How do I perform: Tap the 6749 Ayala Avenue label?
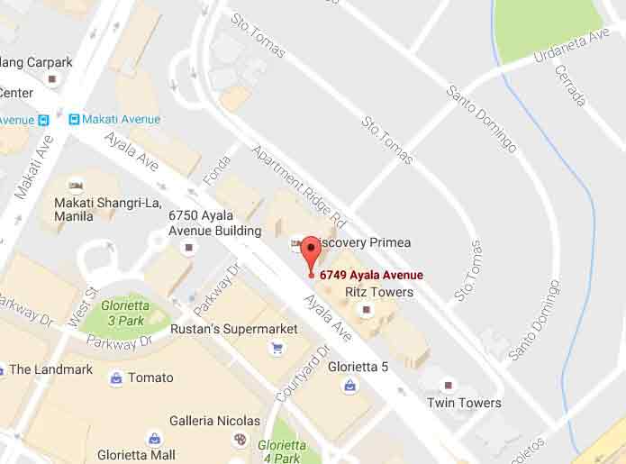point(370,275)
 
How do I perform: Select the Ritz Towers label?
point(380,292)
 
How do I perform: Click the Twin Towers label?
point(464,403)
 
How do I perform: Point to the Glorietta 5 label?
point(358,366)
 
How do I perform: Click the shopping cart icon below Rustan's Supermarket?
point(277,348)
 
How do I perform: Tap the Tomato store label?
point(150,378)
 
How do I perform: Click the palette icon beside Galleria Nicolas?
point(240,440)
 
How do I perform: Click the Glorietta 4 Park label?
point(280,450)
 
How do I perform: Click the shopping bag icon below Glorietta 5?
point(349,386)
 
